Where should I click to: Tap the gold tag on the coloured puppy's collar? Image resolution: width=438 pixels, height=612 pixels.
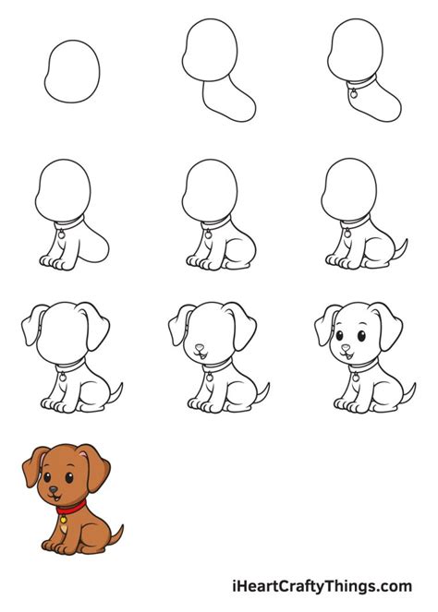[63, 521]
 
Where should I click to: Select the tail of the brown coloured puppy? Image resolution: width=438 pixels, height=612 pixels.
[116, 533]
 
